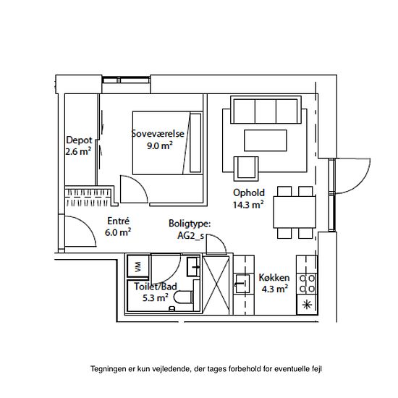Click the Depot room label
(79, 140)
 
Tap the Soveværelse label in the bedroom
(158, 134)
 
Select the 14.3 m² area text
(248, 205)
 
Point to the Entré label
(118, 221)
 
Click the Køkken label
(274, 277)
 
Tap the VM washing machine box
(137, 266)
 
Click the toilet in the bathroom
(184, 297)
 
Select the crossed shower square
(216, 285)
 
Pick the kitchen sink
(242, 284)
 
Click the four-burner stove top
(307, 284)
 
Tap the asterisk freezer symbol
(307, 305)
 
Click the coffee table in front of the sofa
(266, 140)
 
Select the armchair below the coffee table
(246, 169)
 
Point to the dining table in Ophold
(295, 212)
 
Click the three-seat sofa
(266, 110)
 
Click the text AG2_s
(190, 236)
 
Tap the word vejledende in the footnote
(171, 368)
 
